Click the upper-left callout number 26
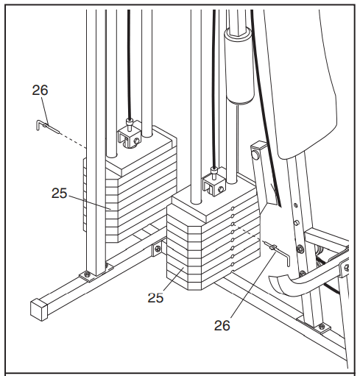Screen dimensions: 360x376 pyautogui.click(x=40, y=90)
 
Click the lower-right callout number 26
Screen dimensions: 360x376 pyautogui.click(x=222, y=325)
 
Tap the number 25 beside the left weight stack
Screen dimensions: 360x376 pyautogui.click(x=59, y=193)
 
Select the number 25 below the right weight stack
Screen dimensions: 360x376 pyautogui.click(x=155, y=298)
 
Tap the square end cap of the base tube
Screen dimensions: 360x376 pyautogui.click(x=39, y=310)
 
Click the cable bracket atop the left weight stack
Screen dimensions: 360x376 pyautogui.click(x=130, y=138)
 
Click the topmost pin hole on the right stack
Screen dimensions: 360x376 pyautogui.click(x=233, y=208)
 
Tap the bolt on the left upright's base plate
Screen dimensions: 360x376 pyautogui.click(x=86, y=274)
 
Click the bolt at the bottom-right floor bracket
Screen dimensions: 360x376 pyautogui.click(x=322, y=327)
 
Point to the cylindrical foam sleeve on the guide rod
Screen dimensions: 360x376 pyautogui.click(x=239, y=65)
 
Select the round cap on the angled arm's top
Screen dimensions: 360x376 pyautogui.click(x=255, y=155)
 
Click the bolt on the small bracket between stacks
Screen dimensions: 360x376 pyautogui.click(x=158, y=249)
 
